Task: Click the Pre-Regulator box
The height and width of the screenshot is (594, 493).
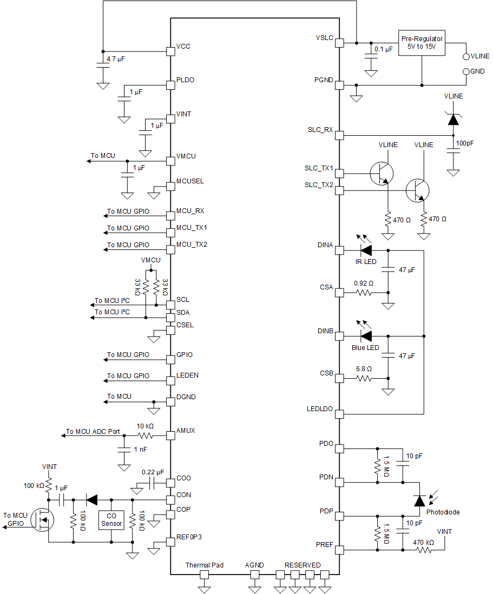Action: [422, 43]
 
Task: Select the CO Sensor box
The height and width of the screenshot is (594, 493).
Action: [111, 520]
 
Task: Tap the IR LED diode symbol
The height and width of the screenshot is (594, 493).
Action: [366, 250]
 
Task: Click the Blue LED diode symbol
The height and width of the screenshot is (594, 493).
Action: [366, 336]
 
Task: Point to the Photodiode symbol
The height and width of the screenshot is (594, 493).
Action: [419, 500]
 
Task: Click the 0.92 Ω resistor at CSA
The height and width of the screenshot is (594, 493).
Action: [364, 293]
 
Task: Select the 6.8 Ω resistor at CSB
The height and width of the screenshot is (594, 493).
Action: [364, 378]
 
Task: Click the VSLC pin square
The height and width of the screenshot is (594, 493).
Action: [339, 43]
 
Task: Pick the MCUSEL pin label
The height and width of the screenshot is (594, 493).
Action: [190, 181]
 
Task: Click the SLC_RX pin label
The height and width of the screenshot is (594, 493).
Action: [320, 130]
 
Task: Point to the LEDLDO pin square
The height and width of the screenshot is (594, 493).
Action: [339, 414]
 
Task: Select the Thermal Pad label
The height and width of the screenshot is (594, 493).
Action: [205, 565]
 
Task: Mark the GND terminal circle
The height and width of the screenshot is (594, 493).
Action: [466, 71]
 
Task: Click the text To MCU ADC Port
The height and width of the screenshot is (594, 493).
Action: [93, 432]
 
